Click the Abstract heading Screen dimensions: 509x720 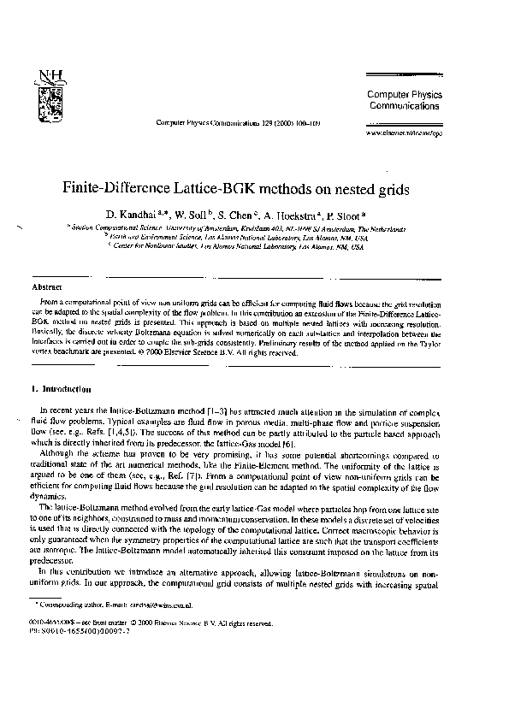coord(46,288)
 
